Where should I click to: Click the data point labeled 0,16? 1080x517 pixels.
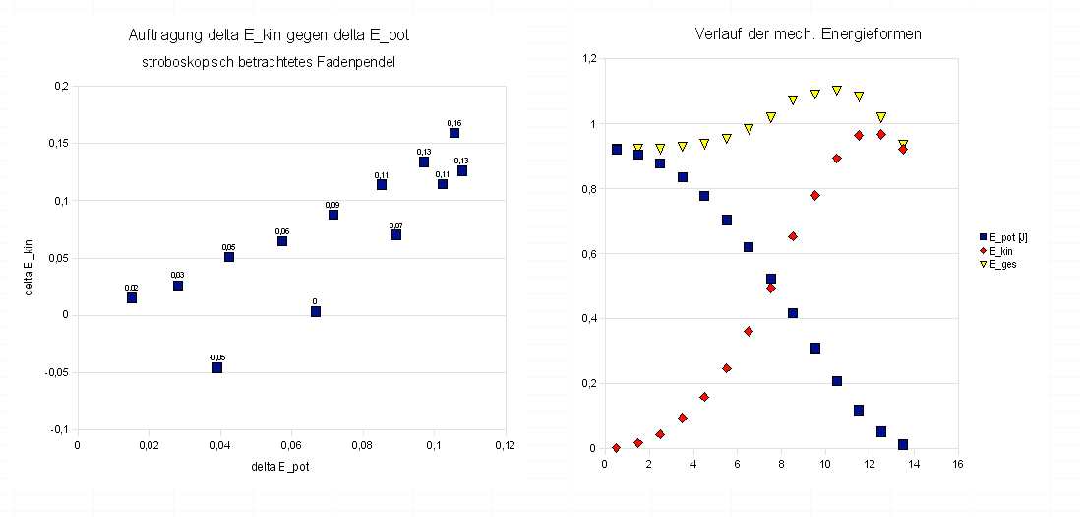[x=453, y=133]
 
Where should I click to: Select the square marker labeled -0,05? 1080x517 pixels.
[x=217, y=368]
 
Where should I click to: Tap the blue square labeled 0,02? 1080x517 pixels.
[x=132, y=297]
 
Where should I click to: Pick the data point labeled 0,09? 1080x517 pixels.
[x=332, y=215]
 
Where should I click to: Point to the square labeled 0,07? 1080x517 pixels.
[x=396, y=235]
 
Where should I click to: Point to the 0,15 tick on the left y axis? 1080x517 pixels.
[x=60, y=144]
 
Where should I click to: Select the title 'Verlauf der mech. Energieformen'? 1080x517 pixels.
[x=808, y=34]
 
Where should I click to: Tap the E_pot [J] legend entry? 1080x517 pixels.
[x=1003, y=238]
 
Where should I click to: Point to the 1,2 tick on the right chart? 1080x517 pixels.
[x=589, y=59]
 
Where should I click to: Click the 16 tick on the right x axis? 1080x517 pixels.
[x=957, y=463]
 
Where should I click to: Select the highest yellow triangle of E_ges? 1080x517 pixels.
[x=837, y=91]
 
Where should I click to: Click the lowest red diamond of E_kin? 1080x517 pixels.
[x=616, y=448]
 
